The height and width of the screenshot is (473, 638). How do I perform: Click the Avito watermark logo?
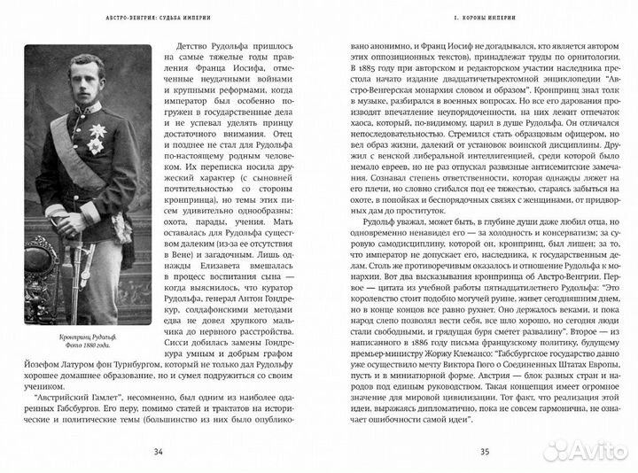585,451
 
